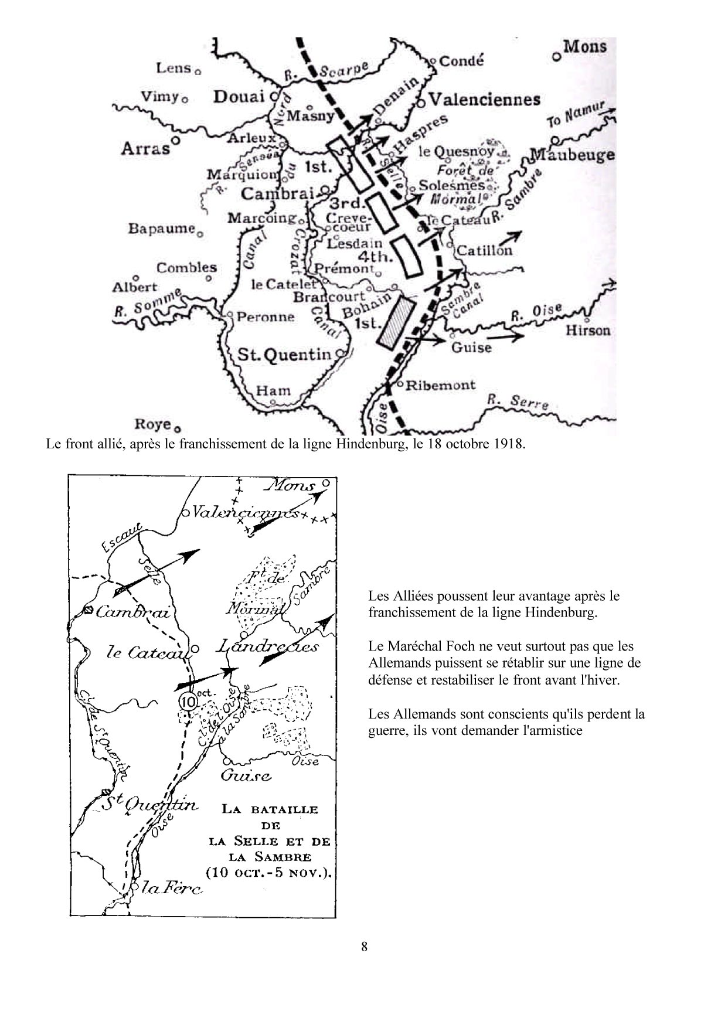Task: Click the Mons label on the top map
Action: tap(585, 46)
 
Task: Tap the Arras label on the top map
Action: tap(145, 148)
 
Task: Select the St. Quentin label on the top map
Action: tap(284, 355)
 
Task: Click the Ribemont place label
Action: tap(440, 385)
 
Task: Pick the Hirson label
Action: tap(587, 331)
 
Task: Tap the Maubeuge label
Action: tap(572, 155)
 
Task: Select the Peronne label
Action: tap(265, 317)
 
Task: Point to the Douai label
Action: tap(239, 97)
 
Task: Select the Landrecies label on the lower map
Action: tap(268, 647)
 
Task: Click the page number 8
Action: tap(364, 947)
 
